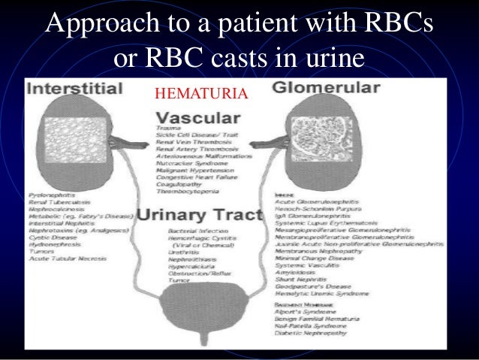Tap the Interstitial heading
(x=74, y=89)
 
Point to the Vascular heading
(x=199, y=119)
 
